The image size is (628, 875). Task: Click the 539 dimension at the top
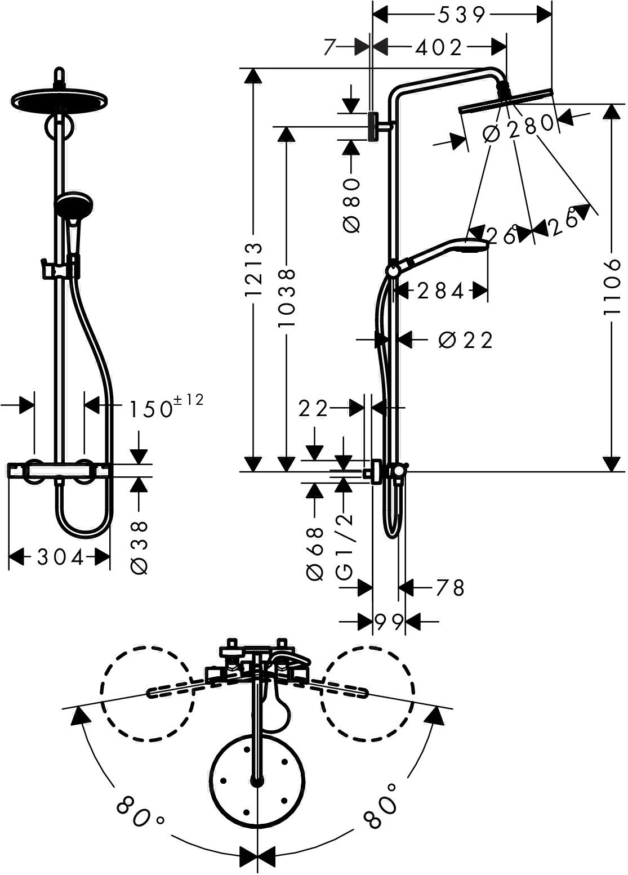coord(461,15)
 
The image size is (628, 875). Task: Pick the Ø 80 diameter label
coord(351,205)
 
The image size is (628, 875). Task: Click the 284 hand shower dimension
coord(440,292)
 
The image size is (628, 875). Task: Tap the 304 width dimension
coord(60,558)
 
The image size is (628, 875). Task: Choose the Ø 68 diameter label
coord(315,553)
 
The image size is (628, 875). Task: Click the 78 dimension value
coord(450,588)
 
